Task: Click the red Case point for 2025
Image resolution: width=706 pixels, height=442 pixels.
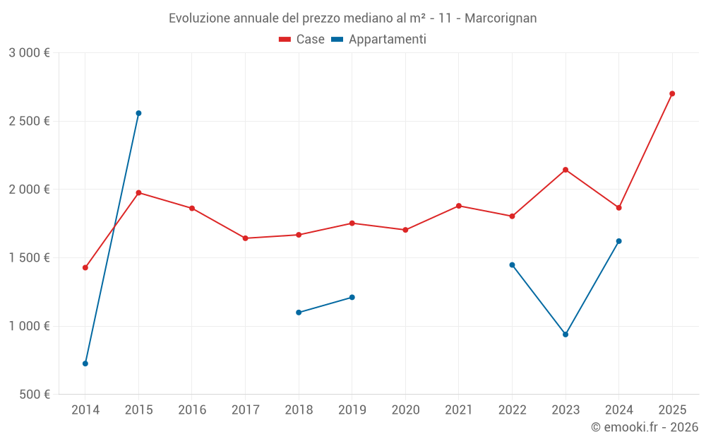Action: [672, 93]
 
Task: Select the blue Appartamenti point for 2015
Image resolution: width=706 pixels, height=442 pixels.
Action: [138, 113]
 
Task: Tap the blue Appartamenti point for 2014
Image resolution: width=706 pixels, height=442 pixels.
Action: [85, 364]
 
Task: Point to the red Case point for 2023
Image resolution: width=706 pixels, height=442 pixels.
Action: [566, 170]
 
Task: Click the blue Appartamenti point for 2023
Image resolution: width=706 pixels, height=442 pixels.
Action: [566, 335]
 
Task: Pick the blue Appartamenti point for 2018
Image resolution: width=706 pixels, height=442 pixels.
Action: [299, 312]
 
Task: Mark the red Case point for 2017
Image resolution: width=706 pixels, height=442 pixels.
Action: [245, 238]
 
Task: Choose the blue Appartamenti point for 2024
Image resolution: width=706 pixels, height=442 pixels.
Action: [618, 241]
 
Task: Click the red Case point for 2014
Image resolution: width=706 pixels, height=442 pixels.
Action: [85, 267]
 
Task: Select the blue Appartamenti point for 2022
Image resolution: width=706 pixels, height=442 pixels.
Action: [512, 265]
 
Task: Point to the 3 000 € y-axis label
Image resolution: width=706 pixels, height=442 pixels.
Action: [30, 53]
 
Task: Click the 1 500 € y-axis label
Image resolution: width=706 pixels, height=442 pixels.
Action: [30, 258]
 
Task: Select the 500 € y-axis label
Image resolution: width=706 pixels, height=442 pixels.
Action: [35, 395]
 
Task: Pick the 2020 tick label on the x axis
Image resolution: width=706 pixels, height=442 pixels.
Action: [405, 410]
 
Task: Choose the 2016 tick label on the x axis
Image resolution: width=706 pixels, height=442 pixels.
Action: [192, 410]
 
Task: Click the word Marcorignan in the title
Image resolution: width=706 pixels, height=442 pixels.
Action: [501, 18]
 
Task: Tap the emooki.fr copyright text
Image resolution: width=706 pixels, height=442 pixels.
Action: [645, 427]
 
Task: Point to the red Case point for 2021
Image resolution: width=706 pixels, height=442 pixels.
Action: [459, 206]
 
